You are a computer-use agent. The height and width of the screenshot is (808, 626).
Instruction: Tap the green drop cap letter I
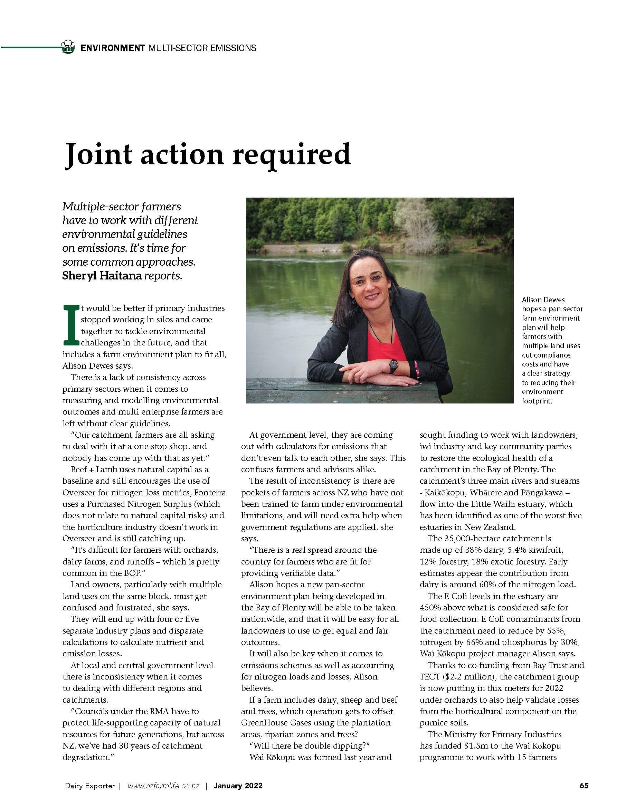(71, 324)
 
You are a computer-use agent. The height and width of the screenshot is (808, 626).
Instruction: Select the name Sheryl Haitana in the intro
(102, 276)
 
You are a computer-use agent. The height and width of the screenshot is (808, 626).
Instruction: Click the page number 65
(584, 786)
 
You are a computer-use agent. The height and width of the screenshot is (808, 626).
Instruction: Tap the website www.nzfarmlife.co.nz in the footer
(163, 786)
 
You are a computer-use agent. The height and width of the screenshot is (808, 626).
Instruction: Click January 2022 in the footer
(238, 786)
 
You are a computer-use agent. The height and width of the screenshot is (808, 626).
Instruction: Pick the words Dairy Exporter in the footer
(90, 786)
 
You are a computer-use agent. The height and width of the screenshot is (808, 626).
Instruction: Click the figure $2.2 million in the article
(467, 677)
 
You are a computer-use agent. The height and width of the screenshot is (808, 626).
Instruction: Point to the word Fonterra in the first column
(210, 492)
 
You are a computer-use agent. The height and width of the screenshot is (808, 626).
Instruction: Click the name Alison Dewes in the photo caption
(543, 300)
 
